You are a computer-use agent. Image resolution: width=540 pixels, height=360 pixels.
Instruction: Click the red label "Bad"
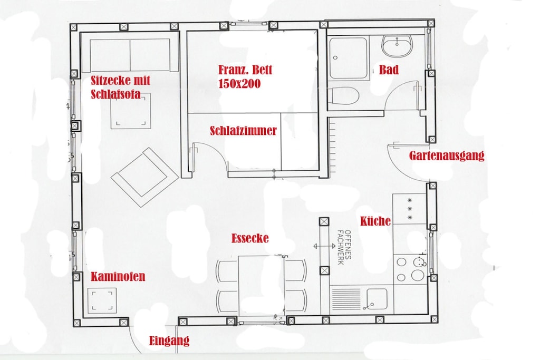click(389, 70)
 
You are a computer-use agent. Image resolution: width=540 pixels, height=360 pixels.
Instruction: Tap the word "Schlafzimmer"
click(243, 131)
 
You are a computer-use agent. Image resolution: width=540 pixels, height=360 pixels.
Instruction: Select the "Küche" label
click(375, 221)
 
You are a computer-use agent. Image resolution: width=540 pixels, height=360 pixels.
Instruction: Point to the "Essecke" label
click(249, 238)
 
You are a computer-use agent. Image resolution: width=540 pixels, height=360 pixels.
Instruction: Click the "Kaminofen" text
click(118, 277)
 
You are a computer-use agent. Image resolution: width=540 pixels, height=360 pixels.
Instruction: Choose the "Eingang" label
click(169, 340)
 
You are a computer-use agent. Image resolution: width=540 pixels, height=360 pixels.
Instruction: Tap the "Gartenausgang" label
click(447, 155)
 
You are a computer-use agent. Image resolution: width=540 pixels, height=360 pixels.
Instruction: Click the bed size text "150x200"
click(239, 84)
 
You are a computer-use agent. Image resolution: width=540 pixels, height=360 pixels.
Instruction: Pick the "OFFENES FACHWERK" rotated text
click(344, 247)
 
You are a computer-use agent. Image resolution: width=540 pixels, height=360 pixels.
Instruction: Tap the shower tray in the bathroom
click(348, 58)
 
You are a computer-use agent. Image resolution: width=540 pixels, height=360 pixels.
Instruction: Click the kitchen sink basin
click(377, 299)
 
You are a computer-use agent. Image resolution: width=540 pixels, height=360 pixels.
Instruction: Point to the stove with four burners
click(410, 269)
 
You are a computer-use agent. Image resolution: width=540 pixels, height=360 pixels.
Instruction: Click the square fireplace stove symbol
click(102, 301)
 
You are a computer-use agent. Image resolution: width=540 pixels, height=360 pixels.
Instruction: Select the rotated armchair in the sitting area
click(144, 177)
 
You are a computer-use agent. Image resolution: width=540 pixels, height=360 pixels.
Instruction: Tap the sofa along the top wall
click(130, 55)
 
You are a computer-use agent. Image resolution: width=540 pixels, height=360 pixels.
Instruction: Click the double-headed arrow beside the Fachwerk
click(324, 246)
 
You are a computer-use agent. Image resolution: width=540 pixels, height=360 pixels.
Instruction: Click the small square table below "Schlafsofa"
click(131, 111)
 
